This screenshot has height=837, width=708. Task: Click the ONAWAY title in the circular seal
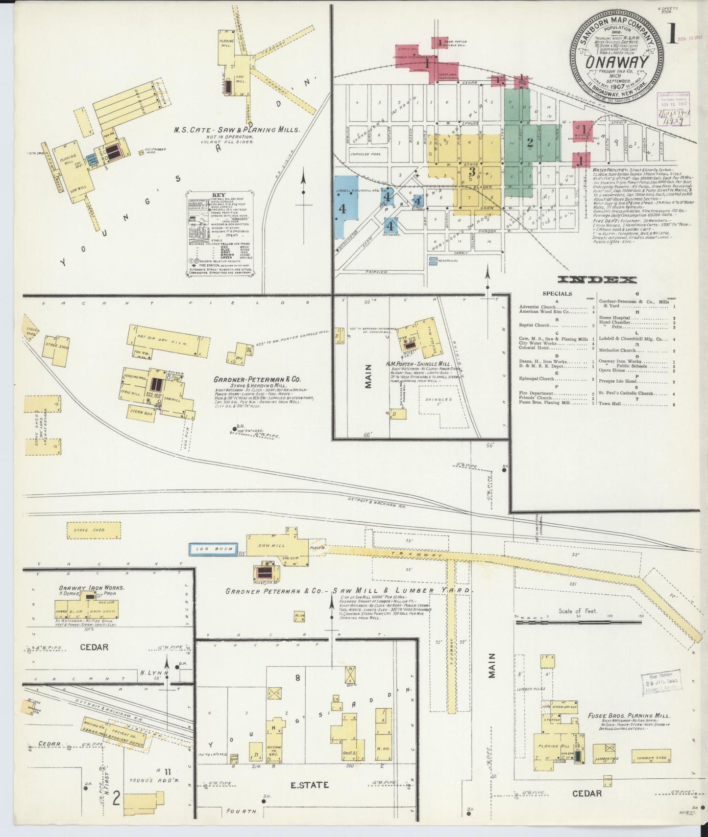[x=616, y=62]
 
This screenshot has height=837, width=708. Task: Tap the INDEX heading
[x=597, y=280]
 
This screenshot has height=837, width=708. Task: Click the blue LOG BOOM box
[x=214, y=549]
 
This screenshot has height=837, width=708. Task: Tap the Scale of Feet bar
[x=578, y=622]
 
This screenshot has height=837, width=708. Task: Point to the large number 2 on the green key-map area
[x=530, y=143]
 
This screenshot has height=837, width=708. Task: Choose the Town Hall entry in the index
[x=610, y=404]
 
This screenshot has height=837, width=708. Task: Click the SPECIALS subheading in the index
[x=557, y=294]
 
